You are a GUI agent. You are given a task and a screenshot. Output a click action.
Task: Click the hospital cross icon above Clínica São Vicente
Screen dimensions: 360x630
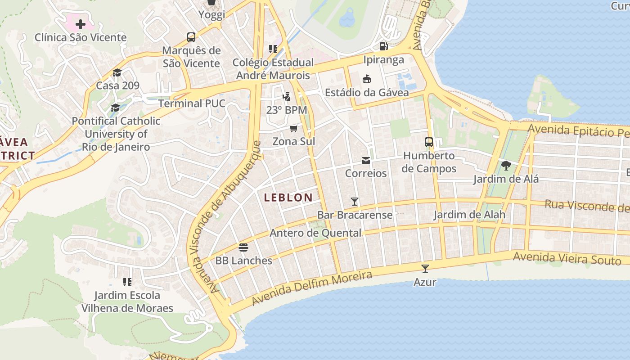[x=81, y=24]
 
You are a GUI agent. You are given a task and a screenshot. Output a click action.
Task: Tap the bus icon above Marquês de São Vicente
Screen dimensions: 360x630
[x=191, y=37]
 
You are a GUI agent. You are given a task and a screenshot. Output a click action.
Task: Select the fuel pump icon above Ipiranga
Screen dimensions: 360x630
[x=383, y=46]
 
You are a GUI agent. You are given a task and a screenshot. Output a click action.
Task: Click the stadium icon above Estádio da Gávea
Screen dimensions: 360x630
[x=367, y=79]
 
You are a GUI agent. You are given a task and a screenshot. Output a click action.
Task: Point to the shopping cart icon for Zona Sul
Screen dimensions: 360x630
[x=294, y=128]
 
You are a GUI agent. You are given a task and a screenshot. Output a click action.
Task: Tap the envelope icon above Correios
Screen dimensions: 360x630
[x=365, y=160]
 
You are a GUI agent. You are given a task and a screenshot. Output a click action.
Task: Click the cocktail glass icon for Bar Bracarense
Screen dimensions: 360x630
[x=355, y=202]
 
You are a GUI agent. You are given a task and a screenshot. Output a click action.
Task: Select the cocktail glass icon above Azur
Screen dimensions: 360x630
[x=425, y=269]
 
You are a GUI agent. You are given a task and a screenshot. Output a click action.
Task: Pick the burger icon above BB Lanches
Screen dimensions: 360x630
[x=243, y=247]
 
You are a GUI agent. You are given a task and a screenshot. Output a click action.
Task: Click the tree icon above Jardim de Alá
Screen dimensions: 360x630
[x=506, y=166]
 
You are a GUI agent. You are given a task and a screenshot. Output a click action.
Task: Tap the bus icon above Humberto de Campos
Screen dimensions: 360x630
[x=429, y=142]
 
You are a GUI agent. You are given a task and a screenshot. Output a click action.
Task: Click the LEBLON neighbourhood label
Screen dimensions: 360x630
[x=288, y=198]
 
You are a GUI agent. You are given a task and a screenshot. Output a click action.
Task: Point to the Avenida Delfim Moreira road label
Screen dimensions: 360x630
[x=312, y=288]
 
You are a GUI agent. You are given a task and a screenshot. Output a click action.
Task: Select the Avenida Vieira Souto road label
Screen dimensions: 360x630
[x=567, y=258]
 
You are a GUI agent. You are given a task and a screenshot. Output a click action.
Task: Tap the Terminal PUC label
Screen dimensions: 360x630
[x=192, y=103]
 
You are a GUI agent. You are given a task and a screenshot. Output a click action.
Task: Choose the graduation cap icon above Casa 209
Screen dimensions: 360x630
[x=117, y=72]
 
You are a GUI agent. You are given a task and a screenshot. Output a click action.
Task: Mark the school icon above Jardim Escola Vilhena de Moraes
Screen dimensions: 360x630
[x=127, y=282]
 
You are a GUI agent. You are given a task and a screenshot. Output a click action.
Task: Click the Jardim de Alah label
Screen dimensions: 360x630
[x=469, y=215]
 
